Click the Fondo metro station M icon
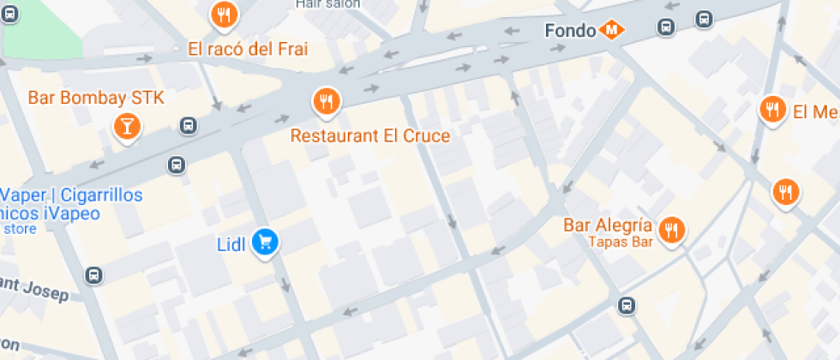(x=612, y=30)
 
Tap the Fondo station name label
(x=570, y=31)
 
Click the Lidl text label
(x=231, y=245)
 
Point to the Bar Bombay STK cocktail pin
(x=126, y=129)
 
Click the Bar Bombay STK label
(x=96, y=98)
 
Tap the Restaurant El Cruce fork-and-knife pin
(x=325, y=101)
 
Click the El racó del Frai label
(x=248, y=48)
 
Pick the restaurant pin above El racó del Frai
(x=224, y=13)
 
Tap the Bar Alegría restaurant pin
(x=671, y=229)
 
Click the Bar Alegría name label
(x=609, y=226)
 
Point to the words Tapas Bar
(x=621, y=242)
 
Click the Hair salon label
(x=327, y=3)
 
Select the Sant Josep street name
(x=34, y=288)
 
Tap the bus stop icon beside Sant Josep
(x=93, y=276)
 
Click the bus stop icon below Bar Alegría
(x=627, y=305)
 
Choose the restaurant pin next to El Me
(x=772, y=110)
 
